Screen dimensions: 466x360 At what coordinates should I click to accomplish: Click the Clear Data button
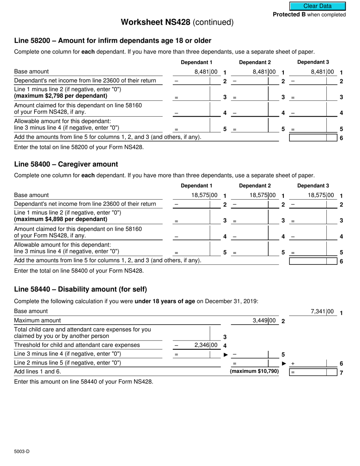(318, 6)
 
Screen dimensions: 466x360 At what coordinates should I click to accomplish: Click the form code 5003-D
(22, 451)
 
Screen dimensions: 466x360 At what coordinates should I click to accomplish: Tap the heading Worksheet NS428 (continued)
(177, 22)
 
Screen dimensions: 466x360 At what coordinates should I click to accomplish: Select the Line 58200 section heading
(113, 41)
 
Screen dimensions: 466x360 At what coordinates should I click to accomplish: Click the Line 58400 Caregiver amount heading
(66, 164)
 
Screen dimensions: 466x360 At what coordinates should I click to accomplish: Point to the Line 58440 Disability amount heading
(80, 289)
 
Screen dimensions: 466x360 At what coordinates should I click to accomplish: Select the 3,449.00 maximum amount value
(264, 321)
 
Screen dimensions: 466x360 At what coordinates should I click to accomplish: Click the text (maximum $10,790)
(254, 371)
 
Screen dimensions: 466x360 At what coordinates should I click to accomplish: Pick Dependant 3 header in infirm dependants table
(313, 62)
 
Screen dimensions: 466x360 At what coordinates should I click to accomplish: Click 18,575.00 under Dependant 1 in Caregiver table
(204, 195)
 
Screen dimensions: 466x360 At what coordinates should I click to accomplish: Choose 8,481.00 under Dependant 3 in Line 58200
(322, 72)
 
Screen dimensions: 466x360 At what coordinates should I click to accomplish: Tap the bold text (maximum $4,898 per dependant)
(61, 219)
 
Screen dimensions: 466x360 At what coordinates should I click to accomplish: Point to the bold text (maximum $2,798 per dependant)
(61, 95)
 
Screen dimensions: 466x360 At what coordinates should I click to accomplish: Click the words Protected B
(289, 15)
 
